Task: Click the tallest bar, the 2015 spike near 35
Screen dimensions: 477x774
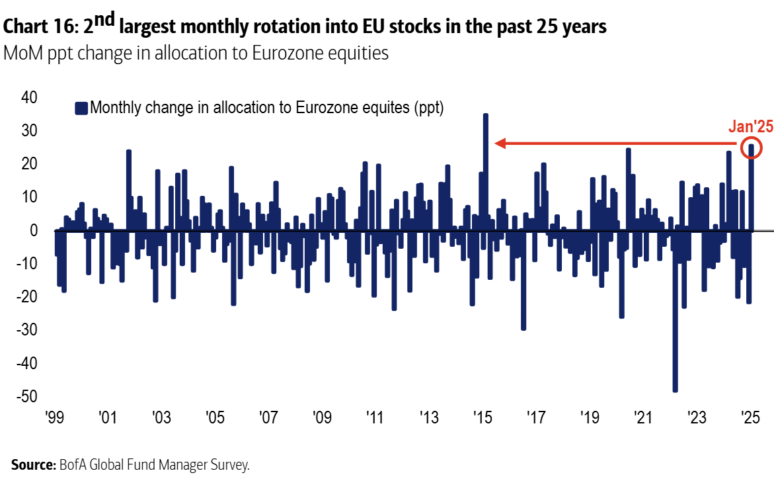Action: tap(485, 172)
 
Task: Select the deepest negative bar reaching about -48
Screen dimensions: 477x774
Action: tap(675, 311)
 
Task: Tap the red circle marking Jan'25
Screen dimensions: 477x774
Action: tap(752, 148)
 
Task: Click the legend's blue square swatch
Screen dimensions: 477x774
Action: tap(81, 108)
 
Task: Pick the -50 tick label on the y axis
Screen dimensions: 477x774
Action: tap(27, 396)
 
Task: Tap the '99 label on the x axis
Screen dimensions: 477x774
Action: tap(55, 418)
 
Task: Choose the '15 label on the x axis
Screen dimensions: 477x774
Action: tap(482, 418)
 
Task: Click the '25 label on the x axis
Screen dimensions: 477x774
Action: tap(750, 418)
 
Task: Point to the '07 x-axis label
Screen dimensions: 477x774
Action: tap(268, 418)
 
